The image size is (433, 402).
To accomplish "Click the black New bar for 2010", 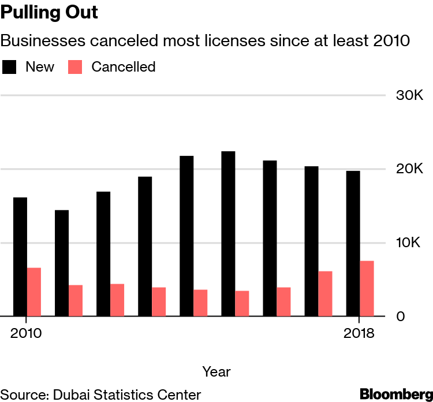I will pyautogui.click(x=20, y=257).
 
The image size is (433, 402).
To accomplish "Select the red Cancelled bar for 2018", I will pyautogui.click(x=367, y=289).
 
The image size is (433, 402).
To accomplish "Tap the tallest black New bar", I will pyautogui.click(x=228, y=234).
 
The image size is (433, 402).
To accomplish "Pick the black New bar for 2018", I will pyautogui.click(x=353, y=244).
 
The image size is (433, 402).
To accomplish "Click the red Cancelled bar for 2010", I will pyautogui.click(x=34, y=292).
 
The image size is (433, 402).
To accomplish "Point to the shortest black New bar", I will pyautogui.click(x=62, y=263).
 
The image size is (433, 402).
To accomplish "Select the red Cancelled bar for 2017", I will pyautogui.click(x=325, y=294).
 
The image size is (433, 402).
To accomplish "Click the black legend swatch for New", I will pyautogui.click(x=9, y=67).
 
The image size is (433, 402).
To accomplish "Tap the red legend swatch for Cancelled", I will pyautogui.click(x=76, y=67).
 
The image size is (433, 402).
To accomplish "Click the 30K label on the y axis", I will pyautogui.click(x=409, y=95).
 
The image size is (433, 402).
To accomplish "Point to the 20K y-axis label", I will pyautogui.click(x=409, y=169).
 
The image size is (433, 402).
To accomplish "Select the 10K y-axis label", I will pyautogui.click(x=409, y=243).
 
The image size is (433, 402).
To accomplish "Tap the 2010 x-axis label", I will pyautogui.click(x=27, y=334).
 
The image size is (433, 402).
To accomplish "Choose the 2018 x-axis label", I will pyautogui.click(x=360, y=334).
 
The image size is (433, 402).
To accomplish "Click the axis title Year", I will pyautogui.click(x=216, y=371).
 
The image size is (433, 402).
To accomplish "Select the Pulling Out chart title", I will pyautogui.click(x=49, y=13).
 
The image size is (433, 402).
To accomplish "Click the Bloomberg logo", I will pyautogui.click(x=396, y=394).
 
